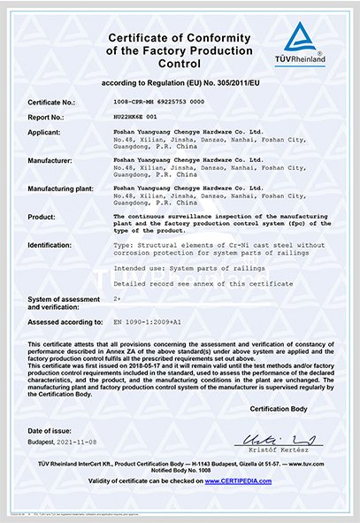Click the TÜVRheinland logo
pos(305,44)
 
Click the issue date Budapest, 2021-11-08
pos(67,440)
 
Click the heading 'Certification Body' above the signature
pos(279,410)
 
